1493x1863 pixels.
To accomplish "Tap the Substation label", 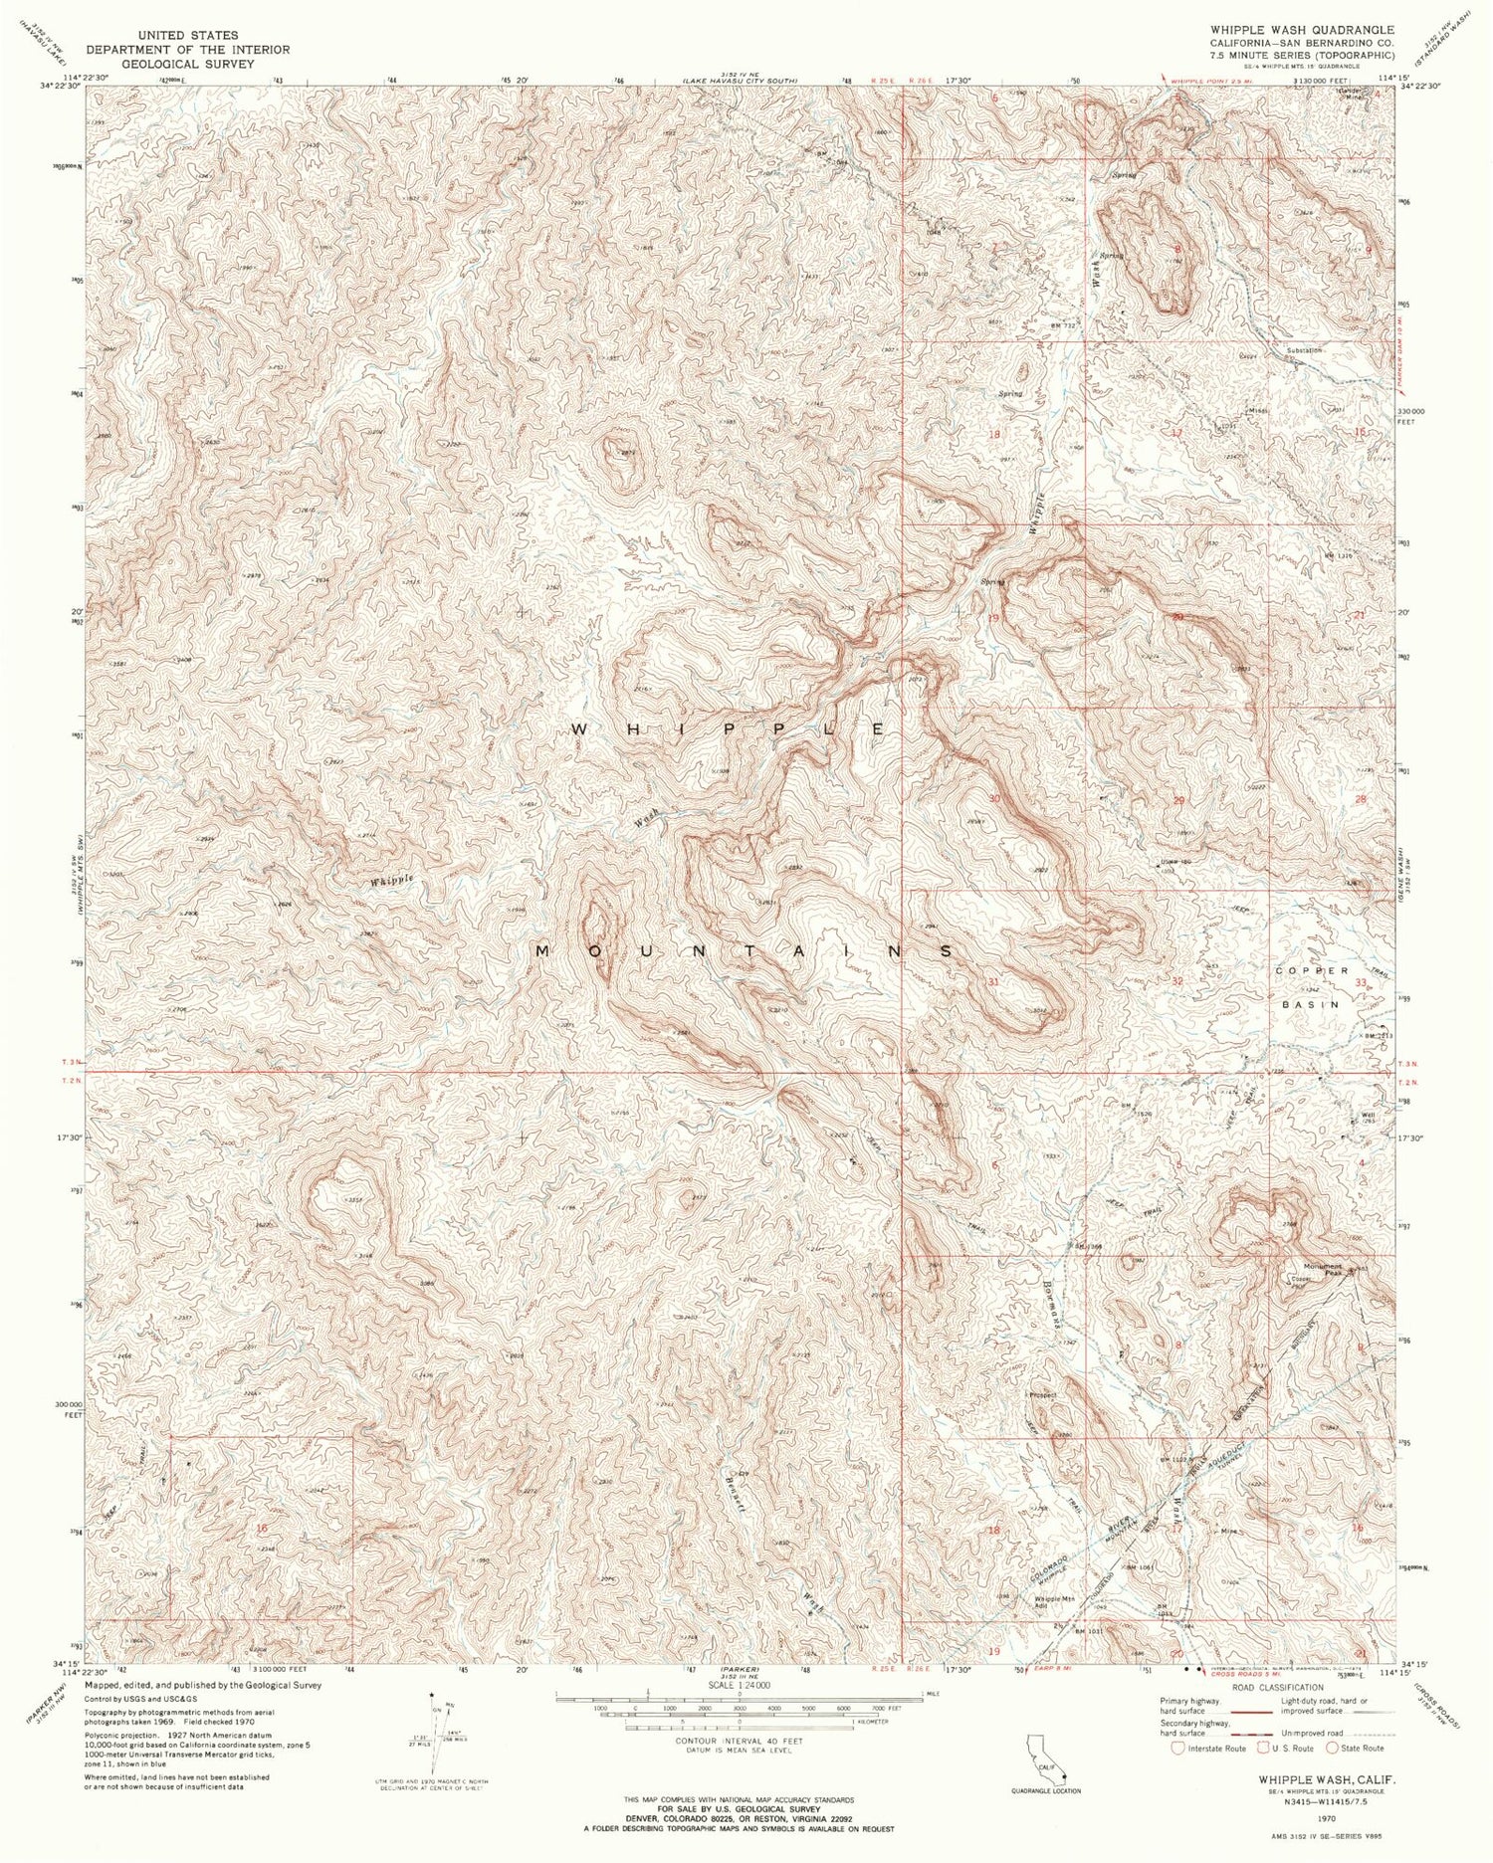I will (x=1303, y=350).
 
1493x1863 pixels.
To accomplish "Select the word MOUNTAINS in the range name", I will (x=745, y=951).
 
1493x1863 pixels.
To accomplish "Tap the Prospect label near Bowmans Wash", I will (x=1042, y=1394).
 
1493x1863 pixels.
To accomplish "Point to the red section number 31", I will (x=992, y=981).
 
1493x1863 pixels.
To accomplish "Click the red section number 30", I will (x=993, y=798).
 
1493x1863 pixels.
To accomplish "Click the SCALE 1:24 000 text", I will (x=740, y=1685).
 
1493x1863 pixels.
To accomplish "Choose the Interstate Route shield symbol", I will (x=1179, y=1747).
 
